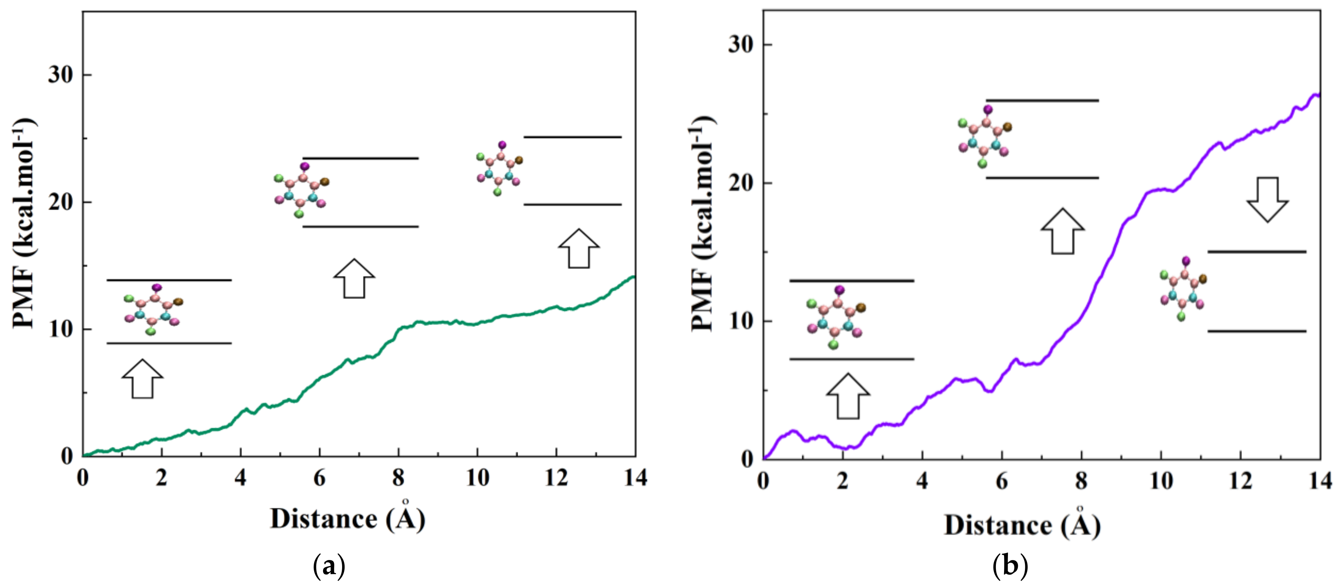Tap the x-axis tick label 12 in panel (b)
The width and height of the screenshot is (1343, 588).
(1240, 481)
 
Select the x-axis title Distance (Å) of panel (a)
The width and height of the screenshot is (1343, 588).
(348, 518)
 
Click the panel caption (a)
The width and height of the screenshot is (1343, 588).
(329, 565)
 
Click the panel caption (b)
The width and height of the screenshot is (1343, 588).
(1010, 565)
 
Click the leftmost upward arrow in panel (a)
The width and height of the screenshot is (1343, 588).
(142, 378)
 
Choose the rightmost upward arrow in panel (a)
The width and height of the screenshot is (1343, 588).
(579, 248)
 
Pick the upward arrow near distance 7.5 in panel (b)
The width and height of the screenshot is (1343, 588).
(1062, 231)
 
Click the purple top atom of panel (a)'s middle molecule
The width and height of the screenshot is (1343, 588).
(305, 167)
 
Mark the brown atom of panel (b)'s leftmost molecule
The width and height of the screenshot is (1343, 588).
(861, 307)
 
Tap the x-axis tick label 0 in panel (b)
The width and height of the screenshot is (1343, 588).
(763, 481)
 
